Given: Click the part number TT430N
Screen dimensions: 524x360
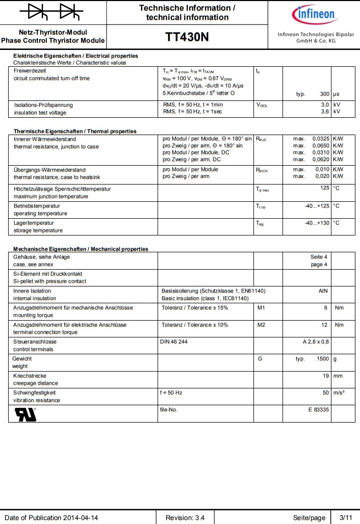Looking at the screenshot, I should pos(187,38).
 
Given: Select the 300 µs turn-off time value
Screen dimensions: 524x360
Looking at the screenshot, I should pos(324,94).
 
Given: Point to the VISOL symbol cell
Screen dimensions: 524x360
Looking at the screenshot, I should pos(262,105).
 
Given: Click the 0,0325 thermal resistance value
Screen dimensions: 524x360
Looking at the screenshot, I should pos(321,139).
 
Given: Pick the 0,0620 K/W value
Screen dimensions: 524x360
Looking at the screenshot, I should pos(321,160).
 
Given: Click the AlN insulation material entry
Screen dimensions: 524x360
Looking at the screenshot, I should pos(323,291).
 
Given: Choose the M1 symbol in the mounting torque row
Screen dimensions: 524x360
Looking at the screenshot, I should pos(262,308).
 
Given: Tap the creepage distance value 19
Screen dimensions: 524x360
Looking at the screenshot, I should pos(325,376).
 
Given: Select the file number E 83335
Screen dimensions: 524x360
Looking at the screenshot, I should pos(318,410).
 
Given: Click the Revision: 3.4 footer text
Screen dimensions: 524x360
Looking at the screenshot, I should pos(185,517).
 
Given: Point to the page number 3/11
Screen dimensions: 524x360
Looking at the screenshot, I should pos(345,517).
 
